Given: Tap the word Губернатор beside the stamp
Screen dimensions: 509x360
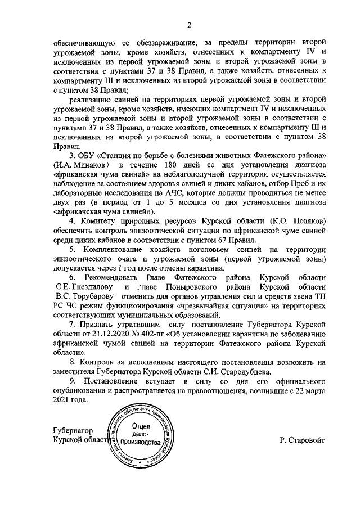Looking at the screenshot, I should tap(75, 430).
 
